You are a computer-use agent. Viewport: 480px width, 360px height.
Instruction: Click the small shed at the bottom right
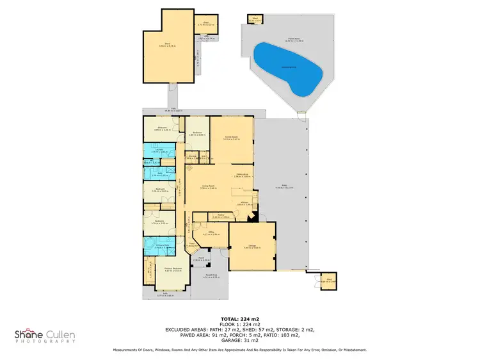coord(328,281)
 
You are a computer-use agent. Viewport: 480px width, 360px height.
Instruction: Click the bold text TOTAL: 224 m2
coord(239,318)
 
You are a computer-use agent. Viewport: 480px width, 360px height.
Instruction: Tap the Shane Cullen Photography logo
coord(45,336)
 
